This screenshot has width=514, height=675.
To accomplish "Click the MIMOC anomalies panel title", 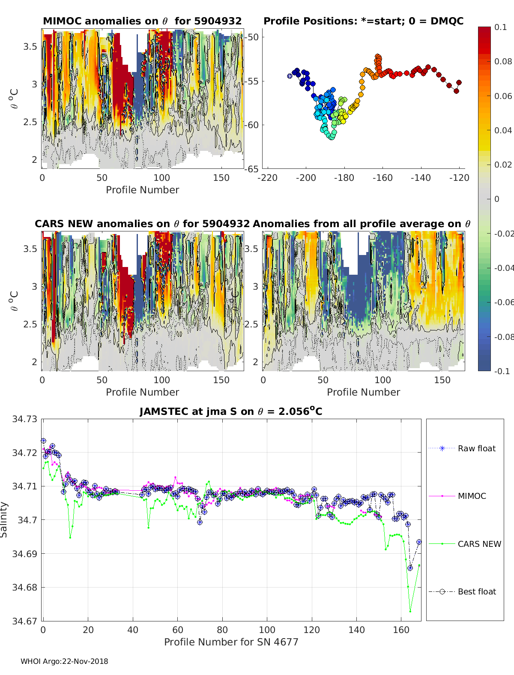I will [142, 21].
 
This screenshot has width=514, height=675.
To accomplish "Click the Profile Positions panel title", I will [363, 21].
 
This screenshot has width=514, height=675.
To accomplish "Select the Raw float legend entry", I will [476, 448].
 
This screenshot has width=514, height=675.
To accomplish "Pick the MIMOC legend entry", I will [472, 496].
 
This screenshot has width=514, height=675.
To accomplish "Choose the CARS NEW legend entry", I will [479, 544].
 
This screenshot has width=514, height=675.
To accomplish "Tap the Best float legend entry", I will [476, 591].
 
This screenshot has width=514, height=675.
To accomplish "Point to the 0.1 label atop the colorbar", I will [500, 27].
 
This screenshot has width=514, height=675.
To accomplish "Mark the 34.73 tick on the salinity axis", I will [24, 419].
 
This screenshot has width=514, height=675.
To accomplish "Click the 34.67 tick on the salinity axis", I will [24, 621].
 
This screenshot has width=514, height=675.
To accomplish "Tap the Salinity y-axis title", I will [4, 519].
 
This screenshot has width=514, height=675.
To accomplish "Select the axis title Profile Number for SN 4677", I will [231, 642].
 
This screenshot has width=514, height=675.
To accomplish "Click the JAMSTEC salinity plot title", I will [231, 412].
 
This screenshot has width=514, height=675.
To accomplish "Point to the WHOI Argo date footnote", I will [64, 661].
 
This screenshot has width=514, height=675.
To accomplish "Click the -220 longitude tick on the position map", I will [268, 177].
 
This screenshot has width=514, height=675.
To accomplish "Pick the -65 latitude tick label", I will [251, 169].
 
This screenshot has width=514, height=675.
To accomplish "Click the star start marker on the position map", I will [290, 76].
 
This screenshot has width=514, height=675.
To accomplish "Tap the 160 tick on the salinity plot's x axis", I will [401, 630].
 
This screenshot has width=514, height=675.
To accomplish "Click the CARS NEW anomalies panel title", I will [142, 224].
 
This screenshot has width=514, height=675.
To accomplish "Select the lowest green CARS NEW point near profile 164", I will [410, 612].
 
